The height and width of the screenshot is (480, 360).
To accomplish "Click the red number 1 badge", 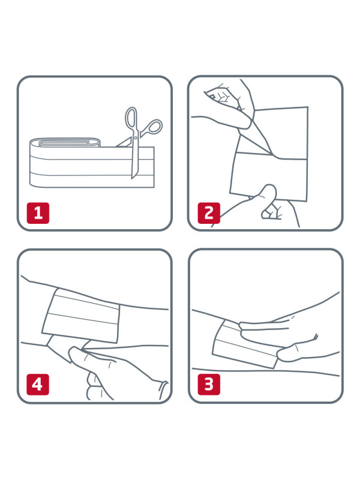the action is click(38, 213).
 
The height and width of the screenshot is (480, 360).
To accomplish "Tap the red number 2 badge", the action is click(209, 213).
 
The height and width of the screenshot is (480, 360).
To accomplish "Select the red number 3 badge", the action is click(209, 384).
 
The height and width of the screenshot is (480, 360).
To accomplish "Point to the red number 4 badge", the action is click(38, 384).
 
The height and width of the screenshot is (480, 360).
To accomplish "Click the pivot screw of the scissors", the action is click(136, 139).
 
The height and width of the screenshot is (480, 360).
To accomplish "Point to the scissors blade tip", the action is click(133, 178).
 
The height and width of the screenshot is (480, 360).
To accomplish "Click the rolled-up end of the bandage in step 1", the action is click(65, 142).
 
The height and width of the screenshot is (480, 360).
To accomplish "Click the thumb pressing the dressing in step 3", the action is click(294, 353).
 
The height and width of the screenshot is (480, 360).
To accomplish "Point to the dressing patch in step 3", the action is click(245, 344).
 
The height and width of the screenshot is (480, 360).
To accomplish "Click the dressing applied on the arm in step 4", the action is click(81, 316).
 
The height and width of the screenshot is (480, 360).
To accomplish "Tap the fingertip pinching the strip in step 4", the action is click(75, 352).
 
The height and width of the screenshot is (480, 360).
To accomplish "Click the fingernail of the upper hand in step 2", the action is click(211, 97).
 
